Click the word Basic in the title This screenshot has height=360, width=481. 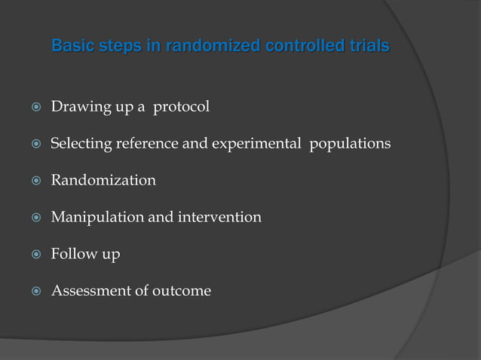[72, 47]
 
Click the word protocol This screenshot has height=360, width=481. [181, 108]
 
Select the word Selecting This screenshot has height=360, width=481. [81, 144]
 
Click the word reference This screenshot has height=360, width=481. [147, 144]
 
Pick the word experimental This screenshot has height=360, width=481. [256, 144]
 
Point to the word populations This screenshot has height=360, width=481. [350, 144]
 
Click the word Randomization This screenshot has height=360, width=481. [103, 180]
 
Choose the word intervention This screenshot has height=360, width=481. [219, 217]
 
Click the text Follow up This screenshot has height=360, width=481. [85, 254]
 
